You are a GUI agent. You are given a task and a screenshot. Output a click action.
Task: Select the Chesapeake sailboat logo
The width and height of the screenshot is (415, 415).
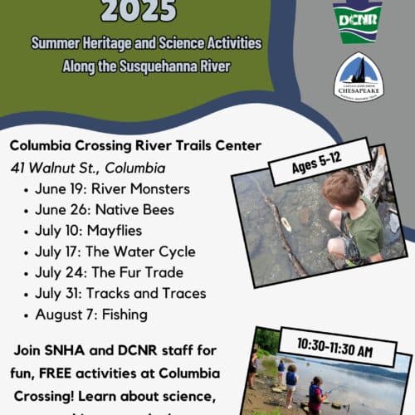point(358,76)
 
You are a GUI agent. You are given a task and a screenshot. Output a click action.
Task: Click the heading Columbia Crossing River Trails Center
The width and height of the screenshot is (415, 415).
point(136,146)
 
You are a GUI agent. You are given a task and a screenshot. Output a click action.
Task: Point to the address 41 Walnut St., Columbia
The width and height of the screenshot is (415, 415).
point(88,168)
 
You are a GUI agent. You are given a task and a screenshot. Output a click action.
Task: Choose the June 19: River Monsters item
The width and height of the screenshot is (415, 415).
point(112,188)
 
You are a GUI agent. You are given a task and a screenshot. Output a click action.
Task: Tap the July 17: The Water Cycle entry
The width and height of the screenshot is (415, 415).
point(115,251)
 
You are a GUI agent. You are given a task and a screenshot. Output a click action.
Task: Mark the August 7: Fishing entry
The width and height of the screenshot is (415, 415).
point(91,315)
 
